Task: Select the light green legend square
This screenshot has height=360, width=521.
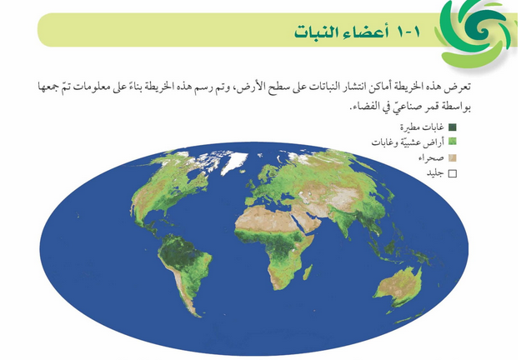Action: (x=453, y=142)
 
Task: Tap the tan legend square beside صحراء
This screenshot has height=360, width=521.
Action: (x=453, y=157)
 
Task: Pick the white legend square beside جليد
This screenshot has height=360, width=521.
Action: (x=453, y=172)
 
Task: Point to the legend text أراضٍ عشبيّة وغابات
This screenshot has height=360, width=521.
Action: (x=408, y=142)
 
